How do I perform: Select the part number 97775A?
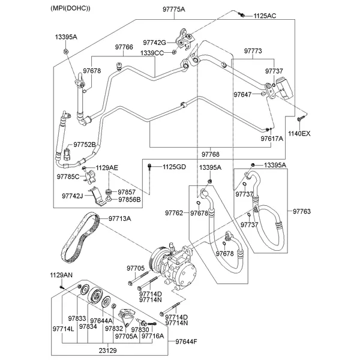click(x=158, y=10)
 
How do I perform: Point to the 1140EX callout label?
click(x=299, y=133)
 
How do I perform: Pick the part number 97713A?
click(x=119, y=218)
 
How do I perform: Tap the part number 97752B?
click(x=85, y=145)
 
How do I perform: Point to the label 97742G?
click(x=155, y=43)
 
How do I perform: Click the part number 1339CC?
click(x=152, y=53)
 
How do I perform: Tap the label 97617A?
click(x=272, y=138)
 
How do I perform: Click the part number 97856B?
click(x=130, y=199)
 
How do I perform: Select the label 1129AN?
click(x=61, y=275)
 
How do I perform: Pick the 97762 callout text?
click(x=175, y=213)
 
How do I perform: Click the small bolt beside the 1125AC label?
click(x=241, y=14)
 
